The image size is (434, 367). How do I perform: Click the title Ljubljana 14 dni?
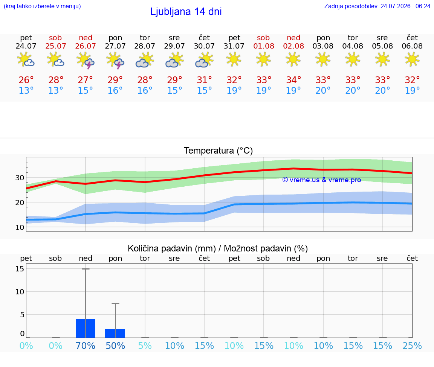(186, 12)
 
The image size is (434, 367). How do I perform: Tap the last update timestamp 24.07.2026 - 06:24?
(405, 6)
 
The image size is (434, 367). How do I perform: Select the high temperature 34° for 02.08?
(293, 80)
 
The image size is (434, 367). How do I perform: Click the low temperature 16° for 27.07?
(115, 90)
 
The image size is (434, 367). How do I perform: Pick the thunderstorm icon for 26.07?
(86, 60)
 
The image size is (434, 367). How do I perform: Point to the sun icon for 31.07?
(234, 59)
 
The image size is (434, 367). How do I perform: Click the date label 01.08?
(263, 46)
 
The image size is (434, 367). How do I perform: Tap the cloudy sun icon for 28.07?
(145, 60)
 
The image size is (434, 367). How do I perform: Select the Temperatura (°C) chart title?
(219, 151)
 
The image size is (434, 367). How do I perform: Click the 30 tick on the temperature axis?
(20, 178)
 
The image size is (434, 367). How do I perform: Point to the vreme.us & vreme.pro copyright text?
(322, 180)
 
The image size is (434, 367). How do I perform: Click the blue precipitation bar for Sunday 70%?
(86, 328)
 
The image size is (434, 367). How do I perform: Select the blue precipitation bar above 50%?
(115, 333)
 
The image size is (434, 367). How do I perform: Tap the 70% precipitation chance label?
(86, 346)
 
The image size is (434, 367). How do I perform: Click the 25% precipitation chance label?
(412, 346)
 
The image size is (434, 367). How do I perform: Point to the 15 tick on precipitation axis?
(20, 268)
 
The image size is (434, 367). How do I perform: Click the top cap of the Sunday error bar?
(86, 269)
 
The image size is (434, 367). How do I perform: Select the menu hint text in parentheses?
(42, 6)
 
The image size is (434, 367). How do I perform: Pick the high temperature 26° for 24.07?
(26, 80)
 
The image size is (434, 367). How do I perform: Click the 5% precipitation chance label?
(145, 346)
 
